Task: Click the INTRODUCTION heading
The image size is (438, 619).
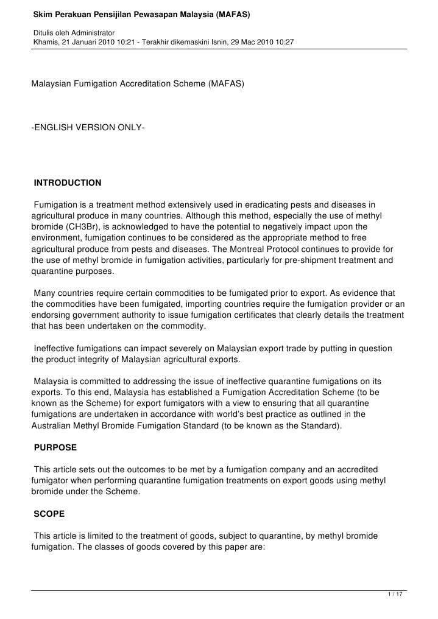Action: tap(68, 183)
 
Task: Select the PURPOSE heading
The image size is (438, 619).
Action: tap(55, 447)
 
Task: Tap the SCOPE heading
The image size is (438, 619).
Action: tap(50, 514)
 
